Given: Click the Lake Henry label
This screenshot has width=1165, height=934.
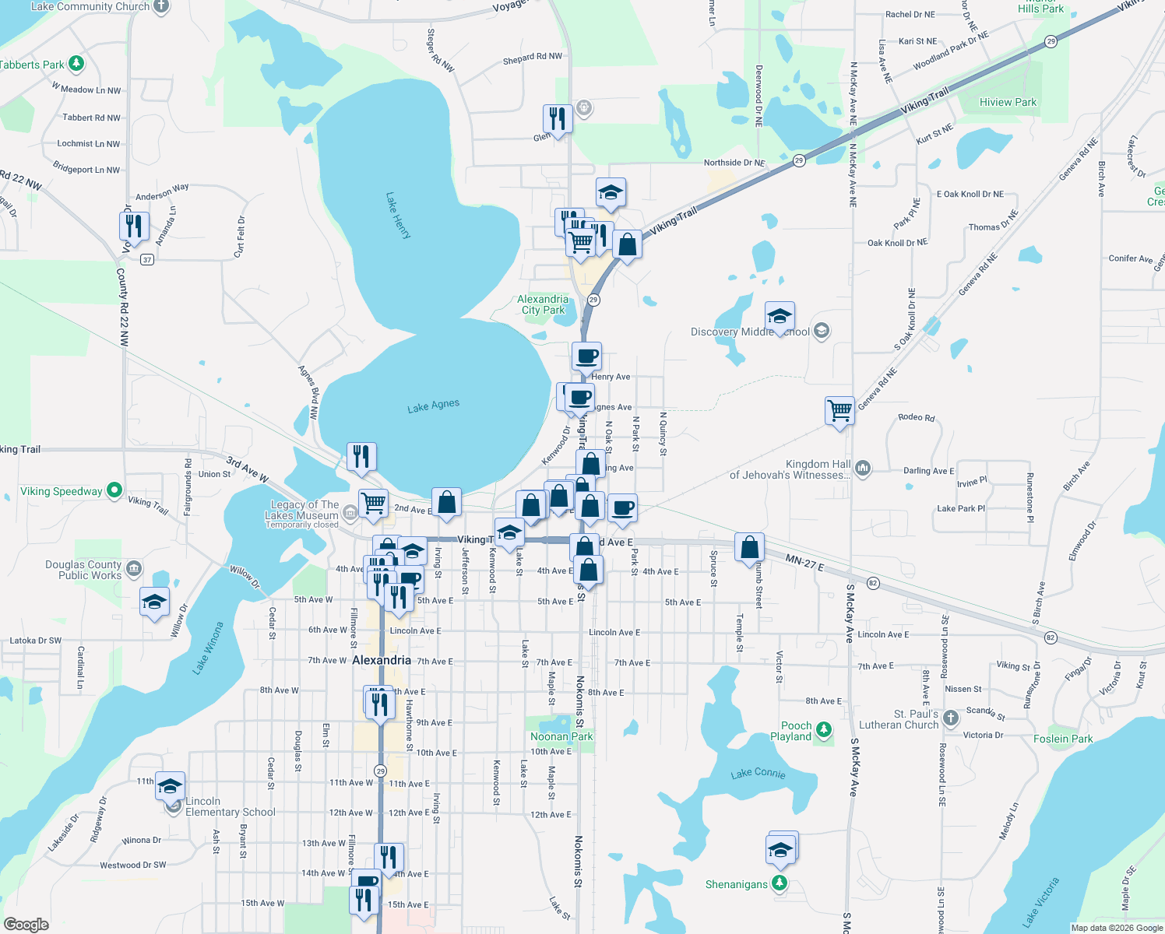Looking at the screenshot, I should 398,216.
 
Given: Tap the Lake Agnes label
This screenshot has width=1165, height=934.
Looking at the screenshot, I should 434,406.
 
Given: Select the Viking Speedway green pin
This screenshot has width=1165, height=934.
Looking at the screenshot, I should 114,490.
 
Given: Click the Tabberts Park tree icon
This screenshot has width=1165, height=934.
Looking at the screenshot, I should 76,63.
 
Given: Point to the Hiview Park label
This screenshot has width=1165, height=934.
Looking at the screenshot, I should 1008,102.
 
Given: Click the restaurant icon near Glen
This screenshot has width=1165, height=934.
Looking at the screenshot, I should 557,119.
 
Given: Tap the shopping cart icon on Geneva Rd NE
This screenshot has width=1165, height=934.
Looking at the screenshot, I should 839,410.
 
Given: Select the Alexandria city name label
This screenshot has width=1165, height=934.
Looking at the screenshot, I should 382,660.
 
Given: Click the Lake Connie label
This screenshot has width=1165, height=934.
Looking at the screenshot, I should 758,773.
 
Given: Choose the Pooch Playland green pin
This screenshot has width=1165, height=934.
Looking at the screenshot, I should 824,729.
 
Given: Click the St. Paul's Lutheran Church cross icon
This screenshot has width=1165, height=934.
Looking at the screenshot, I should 950,718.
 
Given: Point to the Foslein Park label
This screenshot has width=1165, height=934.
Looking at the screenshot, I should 1063,739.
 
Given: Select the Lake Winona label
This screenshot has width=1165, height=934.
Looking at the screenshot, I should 207,648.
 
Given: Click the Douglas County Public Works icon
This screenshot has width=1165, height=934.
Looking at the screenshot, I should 134,568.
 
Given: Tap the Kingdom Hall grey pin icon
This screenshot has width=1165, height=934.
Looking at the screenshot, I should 862,468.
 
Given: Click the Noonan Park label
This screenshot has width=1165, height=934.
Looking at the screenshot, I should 561,736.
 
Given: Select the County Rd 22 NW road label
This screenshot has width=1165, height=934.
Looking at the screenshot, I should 123,307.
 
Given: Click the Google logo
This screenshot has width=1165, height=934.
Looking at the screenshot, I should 26,924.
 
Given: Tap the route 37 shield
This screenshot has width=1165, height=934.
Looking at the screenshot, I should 146,259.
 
